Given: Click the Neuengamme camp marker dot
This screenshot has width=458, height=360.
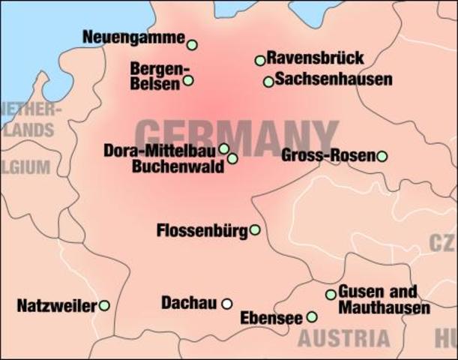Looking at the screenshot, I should (192, 45).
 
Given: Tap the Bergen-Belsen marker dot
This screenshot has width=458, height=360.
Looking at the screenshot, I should (188, 80).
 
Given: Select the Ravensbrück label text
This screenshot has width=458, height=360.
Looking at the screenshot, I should (305, 58).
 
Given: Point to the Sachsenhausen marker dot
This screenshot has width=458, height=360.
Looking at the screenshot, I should (268, 82).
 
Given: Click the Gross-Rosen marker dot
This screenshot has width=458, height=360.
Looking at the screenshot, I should (382, 156).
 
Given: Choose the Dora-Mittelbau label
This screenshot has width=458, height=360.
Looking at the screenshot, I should (160, 151).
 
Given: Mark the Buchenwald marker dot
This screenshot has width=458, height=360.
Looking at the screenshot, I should (232, 159).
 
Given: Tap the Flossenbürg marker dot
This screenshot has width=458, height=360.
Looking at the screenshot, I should (255, 229).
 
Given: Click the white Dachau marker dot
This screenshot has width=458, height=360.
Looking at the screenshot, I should (226, 304).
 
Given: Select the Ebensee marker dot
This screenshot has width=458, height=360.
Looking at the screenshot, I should (312, 317).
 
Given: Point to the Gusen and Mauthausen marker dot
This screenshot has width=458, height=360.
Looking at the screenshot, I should (331, 295).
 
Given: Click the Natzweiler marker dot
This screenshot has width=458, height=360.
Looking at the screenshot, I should (104, 305).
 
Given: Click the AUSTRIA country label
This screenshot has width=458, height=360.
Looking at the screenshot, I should (344, 337).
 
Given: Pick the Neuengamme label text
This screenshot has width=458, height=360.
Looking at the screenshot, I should (133, 37).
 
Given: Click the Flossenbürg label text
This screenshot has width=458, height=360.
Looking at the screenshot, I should (202, 230).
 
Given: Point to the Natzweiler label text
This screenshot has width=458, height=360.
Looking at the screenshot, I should (57, 306).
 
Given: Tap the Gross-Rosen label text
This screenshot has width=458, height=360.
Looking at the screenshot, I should (328, 156).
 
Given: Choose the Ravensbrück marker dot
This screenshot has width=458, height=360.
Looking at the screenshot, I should (260, 60).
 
